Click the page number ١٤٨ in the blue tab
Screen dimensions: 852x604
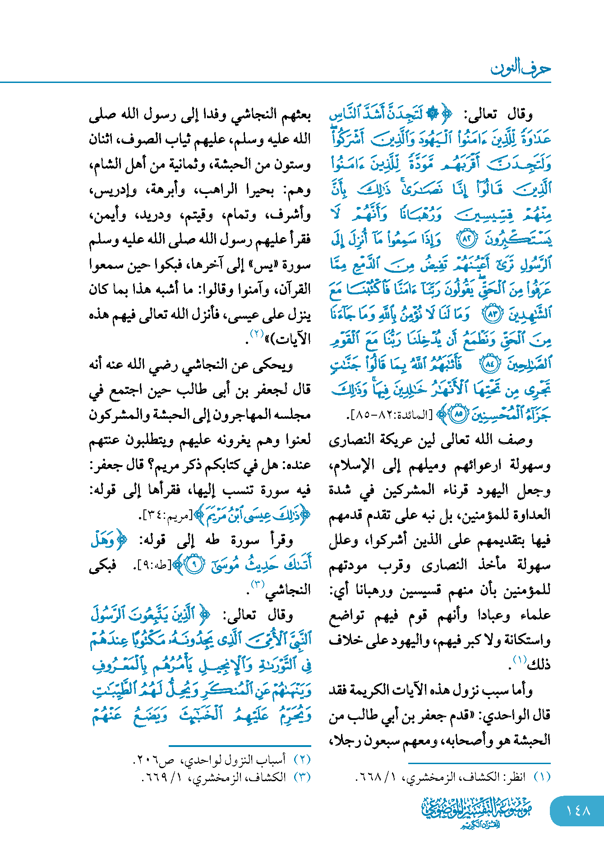tap(578, 811)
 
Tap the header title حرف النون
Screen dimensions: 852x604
tap(521, 69)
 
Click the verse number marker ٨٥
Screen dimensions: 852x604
tap(459, 414)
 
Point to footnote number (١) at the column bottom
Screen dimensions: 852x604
tap(542, 777)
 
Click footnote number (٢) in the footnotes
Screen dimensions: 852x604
tap(302, 760)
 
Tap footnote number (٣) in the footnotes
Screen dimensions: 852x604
tap(302, 777)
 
